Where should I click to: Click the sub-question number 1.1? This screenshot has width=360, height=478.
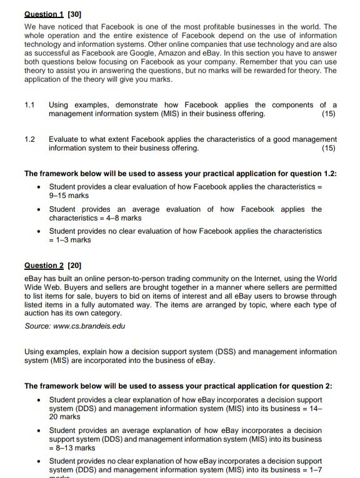(x=30, y=104)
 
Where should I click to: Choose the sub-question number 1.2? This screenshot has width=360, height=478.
(x=30, y=139)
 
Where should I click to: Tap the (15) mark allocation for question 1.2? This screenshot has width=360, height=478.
(x=327, y=148)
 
